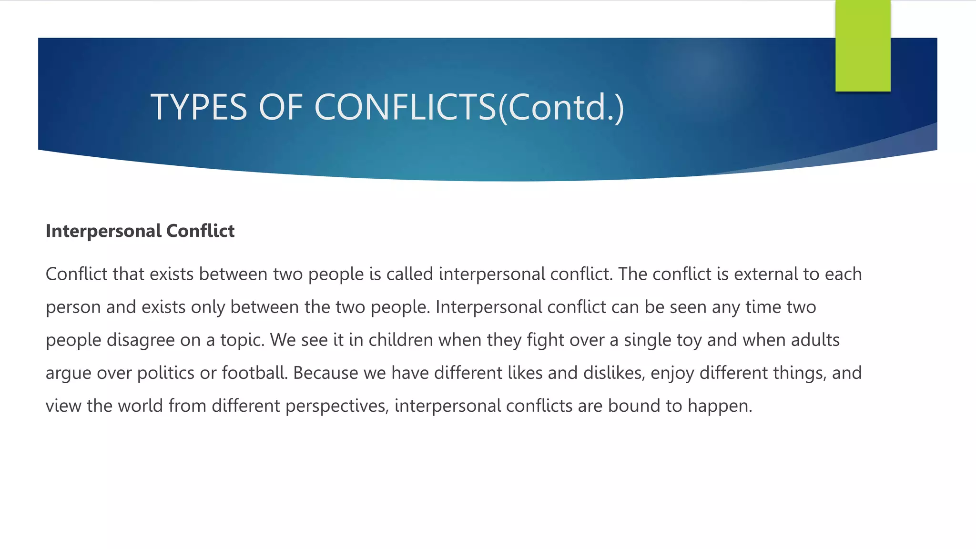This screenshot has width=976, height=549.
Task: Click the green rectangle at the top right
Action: [x=863, y=46]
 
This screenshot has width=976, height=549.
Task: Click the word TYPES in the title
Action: [x=199, y=107]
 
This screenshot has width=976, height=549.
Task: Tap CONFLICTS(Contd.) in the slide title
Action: [x=469, y=107]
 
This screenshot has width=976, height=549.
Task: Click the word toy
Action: [x=689, y=340]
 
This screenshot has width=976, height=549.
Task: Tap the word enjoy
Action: [x=672, y=373]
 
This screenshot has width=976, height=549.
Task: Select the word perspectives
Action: [x=337, y=406]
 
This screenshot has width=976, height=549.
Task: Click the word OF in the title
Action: [x=281, y=107]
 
